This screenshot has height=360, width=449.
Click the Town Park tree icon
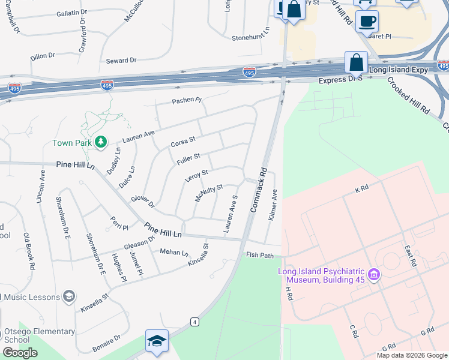[x=101, y=142]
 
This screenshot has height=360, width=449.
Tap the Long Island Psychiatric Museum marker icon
[x=374, y=275]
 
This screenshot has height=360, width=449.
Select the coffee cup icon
[x=367, y=21]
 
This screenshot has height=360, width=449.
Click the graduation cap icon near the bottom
[x=156, y=341]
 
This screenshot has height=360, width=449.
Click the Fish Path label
[x=260, y=255]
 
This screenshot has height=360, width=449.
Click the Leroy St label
[x=196, y=176]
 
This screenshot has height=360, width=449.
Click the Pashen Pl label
[x=187, y=100]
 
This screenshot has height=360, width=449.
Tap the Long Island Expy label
[x=399, y=70]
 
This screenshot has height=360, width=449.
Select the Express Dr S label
[x=340, y=80]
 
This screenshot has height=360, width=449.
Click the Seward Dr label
[x=121, y=61]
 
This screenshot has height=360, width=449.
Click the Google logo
[x=20, y=353]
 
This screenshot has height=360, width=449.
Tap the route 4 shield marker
[x=194, y=322]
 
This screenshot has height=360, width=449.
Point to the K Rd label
[x=361, y=189]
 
